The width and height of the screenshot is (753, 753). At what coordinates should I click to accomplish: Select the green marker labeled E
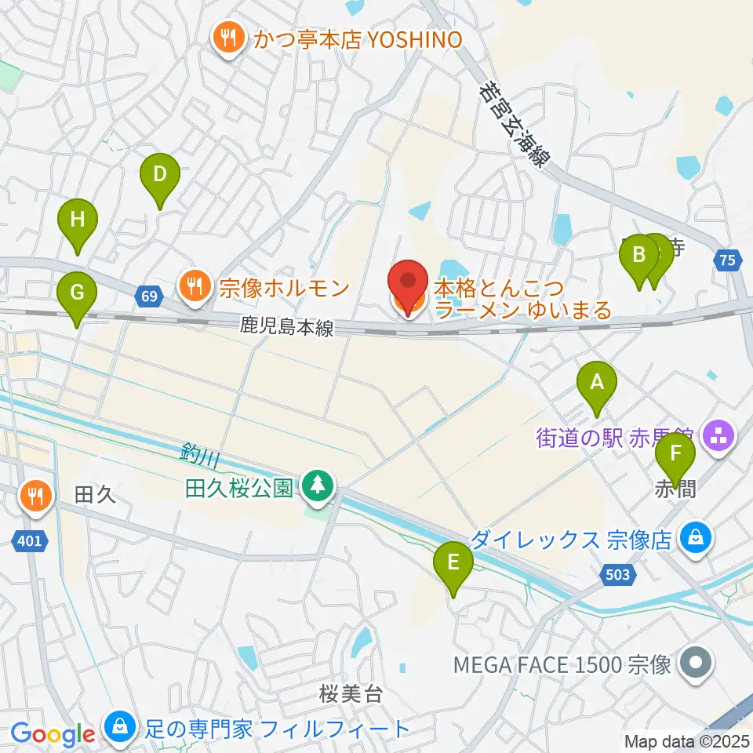[x=453, y=563]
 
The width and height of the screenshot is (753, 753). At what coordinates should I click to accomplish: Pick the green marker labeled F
[x=675, y=455]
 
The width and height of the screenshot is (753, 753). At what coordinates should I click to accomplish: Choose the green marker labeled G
[x=77, y=293]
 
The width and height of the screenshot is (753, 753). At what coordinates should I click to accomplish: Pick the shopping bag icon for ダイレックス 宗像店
[x=694, y=539]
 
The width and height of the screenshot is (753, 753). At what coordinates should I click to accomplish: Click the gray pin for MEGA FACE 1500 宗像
[x=695, y=664]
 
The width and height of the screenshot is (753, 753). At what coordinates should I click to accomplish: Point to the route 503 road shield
[x=618, y=575]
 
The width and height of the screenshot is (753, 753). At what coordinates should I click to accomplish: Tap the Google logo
[x=53, y=734]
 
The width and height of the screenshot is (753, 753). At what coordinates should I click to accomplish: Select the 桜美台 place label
[x=351, y=693]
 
